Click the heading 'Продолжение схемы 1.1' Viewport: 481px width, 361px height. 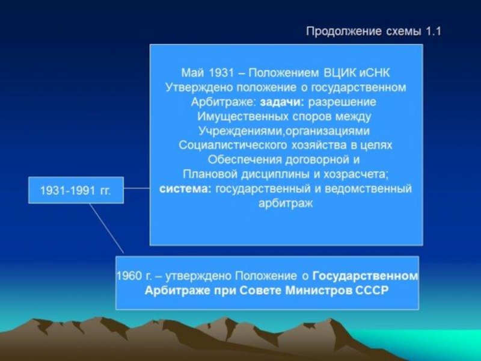[373, 31]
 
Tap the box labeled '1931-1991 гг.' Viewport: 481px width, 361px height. [76, 190]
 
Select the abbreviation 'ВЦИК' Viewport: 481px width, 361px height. [340, 73]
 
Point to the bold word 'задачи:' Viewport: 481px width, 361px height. [282, 102]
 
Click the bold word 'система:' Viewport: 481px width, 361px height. [186, 188]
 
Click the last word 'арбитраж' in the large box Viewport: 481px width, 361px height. [286, 203]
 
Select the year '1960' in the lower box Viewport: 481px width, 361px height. [129, 276]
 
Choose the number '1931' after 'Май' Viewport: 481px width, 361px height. [221, 73]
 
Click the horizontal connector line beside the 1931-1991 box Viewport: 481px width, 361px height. [137, 188]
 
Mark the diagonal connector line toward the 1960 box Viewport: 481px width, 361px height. [106, 228]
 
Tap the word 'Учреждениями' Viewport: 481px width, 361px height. [240, 131]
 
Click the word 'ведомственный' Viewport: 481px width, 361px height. [368, 188]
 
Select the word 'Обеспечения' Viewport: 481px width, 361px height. [245, 160]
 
